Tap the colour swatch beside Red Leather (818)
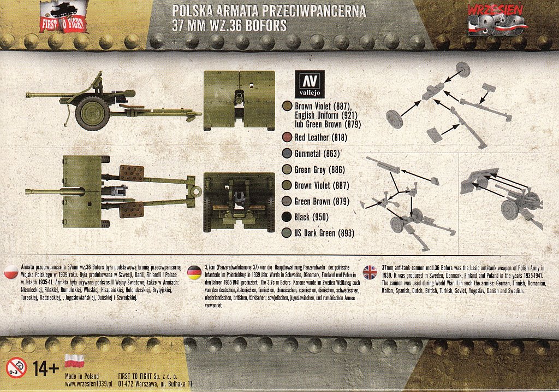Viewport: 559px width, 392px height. click(287, 137)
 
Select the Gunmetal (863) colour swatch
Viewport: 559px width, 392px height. click(287, 154)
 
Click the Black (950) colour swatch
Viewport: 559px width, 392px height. click(287, 217)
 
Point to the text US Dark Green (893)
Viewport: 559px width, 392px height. click(324, 233)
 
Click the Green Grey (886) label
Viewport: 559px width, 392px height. click(319, 169)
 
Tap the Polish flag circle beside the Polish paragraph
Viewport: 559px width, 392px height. click(11, 273)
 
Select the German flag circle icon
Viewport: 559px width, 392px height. click(194, 273)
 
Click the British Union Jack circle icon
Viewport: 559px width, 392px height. click(370, 273)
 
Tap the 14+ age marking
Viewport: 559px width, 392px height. click(46, 368)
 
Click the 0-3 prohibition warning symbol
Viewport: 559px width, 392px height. click(16, 368)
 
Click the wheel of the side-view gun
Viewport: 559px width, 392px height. click(92, 113)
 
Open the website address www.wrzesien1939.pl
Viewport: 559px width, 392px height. click(89, 384)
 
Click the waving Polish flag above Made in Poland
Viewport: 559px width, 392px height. click(74, 361)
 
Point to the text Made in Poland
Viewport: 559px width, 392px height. click(82, 376)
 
